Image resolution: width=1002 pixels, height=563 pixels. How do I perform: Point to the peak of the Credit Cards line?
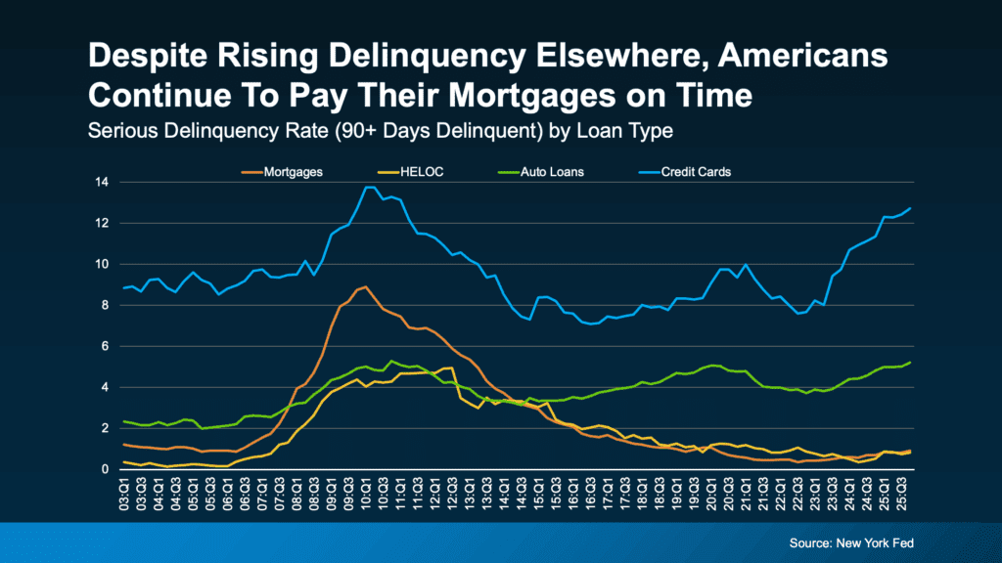(369, 187)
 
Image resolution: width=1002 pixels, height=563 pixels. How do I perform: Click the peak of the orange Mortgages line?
(365, 286)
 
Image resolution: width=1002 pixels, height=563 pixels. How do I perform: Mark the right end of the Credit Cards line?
(912, 207)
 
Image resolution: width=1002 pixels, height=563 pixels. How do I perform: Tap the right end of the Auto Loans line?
(912, 363)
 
